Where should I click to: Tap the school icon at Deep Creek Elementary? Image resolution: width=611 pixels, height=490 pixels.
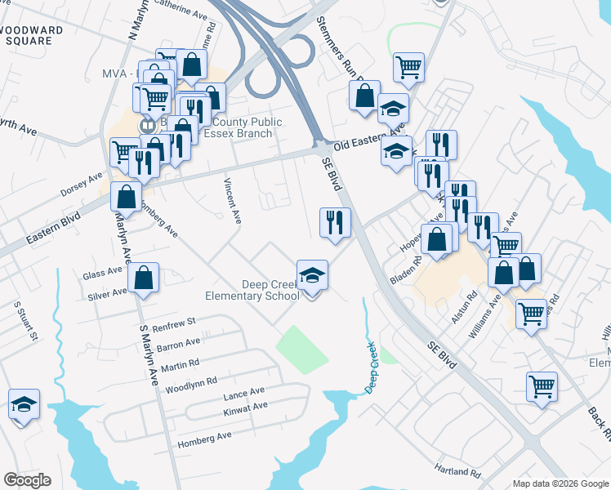[312, 275]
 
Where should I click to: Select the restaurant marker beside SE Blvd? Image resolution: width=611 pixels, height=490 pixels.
[334, 222]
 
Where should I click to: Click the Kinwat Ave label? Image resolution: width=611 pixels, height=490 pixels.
[245, 407]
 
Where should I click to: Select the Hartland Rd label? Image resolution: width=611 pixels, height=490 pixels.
[458, 472]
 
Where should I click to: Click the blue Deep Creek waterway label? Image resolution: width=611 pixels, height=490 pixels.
[372, 367]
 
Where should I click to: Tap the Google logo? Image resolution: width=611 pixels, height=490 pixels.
[27, 480]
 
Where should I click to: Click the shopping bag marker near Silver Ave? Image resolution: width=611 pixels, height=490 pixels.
[144, 278]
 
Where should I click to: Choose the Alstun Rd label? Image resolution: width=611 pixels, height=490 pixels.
[473, 308]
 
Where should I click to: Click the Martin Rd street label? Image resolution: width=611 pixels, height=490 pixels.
[180, 363]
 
